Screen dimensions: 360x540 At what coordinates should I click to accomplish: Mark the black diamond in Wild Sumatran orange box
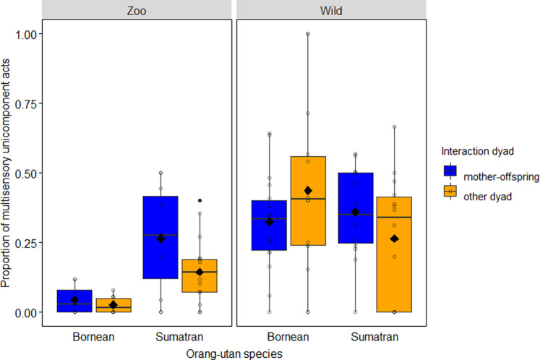394,239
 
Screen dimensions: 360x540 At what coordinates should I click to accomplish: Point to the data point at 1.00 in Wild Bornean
307,34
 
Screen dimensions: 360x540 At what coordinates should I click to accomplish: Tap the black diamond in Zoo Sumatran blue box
161,239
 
